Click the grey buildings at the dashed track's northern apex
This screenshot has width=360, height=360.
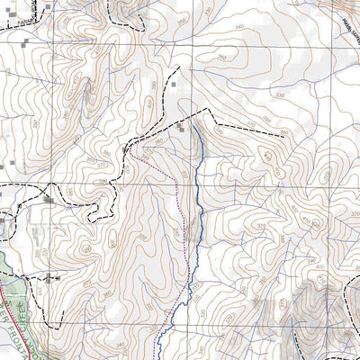[185, 129]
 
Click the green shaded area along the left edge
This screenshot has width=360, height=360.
[5, 270]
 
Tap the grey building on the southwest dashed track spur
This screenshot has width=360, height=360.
[55, 280]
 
